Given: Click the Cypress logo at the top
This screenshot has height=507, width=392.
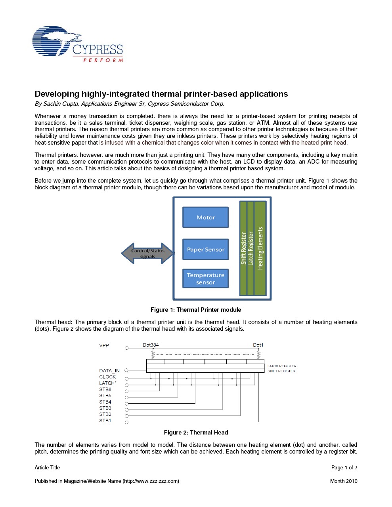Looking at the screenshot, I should click(x=78, y=44).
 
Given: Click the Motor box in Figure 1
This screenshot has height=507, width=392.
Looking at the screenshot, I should click(x=205, y=217).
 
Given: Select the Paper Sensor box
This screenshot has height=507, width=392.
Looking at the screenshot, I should click(x=205, y=250).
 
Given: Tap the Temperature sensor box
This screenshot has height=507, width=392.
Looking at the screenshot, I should click(x=205, y=278).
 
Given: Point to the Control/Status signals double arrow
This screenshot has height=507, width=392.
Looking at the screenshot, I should click(x=147, y=253).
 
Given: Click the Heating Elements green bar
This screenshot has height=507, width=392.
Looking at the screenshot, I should click(x=260, y=248).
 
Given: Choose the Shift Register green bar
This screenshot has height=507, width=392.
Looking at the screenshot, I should click(x=243, y=248).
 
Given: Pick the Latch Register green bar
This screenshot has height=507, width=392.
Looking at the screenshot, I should click(x=250, y=248).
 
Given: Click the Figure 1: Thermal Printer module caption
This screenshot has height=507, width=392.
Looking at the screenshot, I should click(x=196, y=310).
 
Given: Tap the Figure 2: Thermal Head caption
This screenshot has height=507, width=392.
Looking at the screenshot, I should click(x=196, y=433).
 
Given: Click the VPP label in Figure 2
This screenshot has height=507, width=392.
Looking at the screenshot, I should click(x=104, y=346).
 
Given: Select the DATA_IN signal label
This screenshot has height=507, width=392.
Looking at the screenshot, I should click(x=109, y=371).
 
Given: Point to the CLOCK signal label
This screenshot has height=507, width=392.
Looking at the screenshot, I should click(x=107, y=377).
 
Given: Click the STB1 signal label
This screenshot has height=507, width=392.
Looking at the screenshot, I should click(x=105, y=421).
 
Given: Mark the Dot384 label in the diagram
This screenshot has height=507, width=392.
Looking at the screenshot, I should click(x=151, y=345).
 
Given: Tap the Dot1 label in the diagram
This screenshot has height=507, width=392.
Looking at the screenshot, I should click(x=258, y=345).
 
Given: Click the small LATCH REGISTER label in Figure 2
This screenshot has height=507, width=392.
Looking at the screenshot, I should click(x=282, y=366).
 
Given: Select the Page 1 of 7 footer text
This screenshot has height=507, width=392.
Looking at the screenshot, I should click(x=344, y=467).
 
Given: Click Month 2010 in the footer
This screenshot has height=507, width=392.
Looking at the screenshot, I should click(x=344, y=481).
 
